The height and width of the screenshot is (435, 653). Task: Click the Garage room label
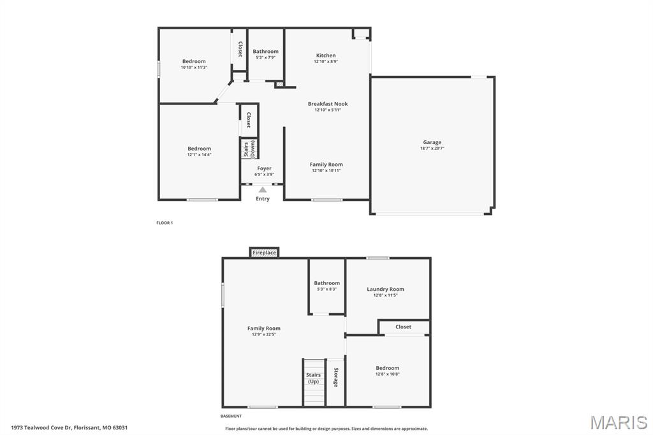click(x=432, y=142)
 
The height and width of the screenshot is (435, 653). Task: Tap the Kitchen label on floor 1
click(x=325, y=55)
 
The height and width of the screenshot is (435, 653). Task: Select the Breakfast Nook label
click(x=328, y=103)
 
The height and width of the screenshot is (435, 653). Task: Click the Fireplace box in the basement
click(x=264, y=253)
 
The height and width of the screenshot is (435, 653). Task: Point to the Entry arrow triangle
click(x=263, y=189)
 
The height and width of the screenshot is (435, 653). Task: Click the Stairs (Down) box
click(x=248, y=149)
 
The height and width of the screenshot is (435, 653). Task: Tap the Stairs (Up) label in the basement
click(x=313, y=378)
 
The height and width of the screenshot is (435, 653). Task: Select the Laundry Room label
click(x=385, y=289)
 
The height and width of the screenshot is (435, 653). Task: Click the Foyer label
click(x=264, y=168)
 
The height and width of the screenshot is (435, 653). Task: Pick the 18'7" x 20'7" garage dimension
click(x=432, y=148)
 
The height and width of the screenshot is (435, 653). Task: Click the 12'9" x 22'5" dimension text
click(x=264, y=334)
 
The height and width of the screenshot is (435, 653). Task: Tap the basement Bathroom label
click(x=326, y=283)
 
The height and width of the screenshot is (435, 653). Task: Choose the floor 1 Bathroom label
click(x=265, y=52)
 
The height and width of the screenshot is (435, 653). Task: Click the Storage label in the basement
click(x=335, y=376)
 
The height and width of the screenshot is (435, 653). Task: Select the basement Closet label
click(x=403, y=327)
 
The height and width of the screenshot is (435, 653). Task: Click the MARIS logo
click(x=618, y=422)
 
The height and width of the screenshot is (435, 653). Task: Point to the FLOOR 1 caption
click(x=165, y=223)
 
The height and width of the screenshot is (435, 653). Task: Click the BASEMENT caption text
click(x=231, y=416)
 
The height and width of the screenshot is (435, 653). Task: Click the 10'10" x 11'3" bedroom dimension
click(x=194, y=67)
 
